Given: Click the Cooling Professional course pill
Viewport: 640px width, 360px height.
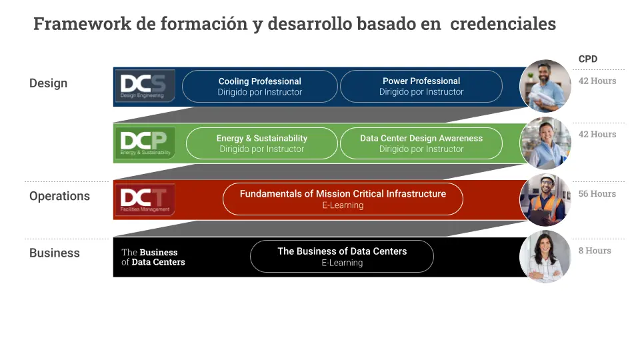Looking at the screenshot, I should (x=260, y=87).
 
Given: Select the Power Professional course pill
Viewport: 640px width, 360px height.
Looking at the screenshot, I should (x=421, y=87).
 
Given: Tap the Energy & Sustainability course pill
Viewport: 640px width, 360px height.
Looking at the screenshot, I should (x=262, y=143).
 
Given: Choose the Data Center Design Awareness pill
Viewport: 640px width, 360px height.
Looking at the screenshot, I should (x=421, y=143).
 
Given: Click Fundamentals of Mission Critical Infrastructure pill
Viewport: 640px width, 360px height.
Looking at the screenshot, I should (x=343, y=199).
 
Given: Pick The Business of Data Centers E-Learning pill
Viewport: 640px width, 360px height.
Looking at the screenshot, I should (x=342, y=257).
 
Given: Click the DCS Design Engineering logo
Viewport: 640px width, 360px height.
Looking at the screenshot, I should (x=145, y=85).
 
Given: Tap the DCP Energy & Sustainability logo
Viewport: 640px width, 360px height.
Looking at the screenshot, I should (x=145, y=143).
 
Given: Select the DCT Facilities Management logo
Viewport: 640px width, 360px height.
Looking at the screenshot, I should (x=145, y=199).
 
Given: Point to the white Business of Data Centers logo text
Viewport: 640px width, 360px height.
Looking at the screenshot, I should (x=153, y=257).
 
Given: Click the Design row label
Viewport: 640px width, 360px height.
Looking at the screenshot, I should (x=48, y=83).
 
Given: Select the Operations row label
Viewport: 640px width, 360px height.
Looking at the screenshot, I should (x=59, y=196).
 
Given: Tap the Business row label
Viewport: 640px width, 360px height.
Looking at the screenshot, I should (x=54, y=253).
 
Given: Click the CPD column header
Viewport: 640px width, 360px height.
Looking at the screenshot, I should (x=588, y=59).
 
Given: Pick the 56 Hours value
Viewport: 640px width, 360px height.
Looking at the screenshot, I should (x=597, y=194).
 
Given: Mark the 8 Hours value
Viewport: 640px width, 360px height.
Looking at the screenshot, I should (x=595, y=251).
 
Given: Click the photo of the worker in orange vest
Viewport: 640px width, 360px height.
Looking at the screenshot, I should (x=545, y=200).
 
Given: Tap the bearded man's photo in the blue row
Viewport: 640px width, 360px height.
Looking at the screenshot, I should (x=545, y=85).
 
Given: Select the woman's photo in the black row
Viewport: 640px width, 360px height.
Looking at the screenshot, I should (x=545, y=257).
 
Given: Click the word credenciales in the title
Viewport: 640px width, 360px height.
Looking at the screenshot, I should (x=503, y=24).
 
